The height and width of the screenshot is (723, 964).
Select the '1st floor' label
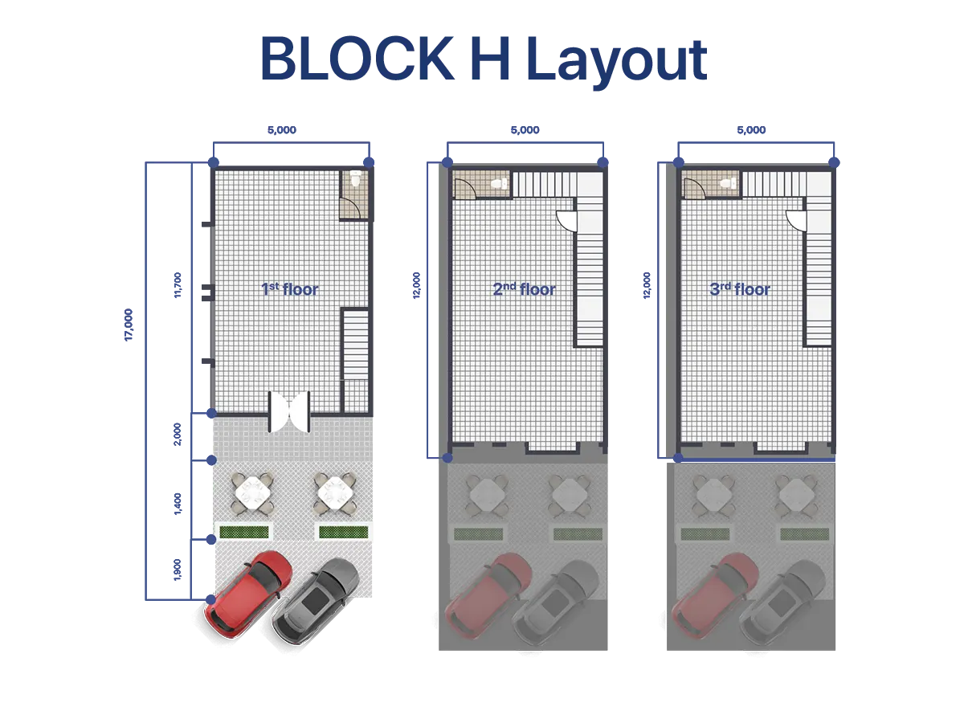click(x=290, y=288)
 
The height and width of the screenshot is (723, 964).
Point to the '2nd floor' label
click(x=524, y=288)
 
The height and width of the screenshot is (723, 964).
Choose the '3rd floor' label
click(x=740, y=288)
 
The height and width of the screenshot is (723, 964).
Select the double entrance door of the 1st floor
click(x=289, y=411)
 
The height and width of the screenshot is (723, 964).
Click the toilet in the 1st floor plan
click(x=353, y=182)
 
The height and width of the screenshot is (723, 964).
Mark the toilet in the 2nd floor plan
click(x=499, y=184)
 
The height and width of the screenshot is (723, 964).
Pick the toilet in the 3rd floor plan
click(x=729, y=184)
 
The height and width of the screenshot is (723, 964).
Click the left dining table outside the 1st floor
click(x=252, y=493)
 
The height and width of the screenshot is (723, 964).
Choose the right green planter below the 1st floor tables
click(x=343, y=532)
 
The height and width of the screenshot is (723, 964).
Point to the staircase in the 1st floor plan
click(x=355, y=345)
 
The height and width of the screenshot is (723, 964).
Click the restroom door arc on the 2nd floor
click(x=464, y=188)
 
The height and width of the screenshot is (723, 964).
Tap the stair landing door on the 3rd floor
click(x=795, y=219)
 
